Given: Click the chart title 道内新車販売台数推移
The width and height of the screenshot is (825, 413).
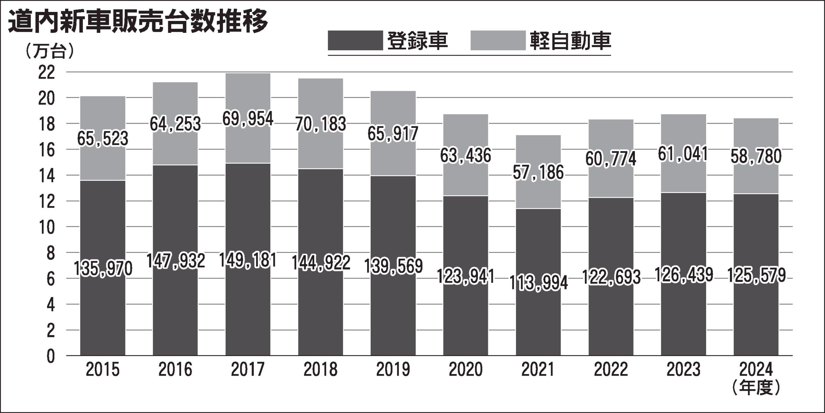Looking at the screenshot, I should click(x=138, y=22).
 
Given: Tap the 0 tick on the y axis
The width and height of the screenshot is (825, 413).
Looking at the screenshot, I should click(x=51, y=357).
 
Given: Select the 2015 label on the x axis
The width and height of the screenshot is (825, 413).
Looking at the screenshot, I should click(x=102, y=369).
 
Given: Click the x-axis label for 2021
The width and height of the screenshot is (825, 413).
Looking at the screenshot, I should click(x=538, y=369).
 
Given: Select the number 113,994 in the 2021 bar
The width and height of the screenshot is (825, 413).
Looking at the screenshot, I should click(x=538, y=283).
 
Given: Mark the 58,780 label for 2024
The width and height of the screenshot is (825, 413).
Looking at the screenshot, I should click(x=756, y=156).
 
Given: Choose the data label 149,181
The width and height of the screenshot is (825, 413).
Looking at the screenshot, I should click(x=247, y=260).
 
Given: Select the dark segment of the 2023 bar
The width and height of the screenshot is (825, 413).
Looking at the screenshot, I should click(x=684, y=316).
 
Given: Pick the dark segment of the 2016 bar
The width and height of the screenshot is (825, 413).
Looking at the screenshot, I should click(x=175, y=306).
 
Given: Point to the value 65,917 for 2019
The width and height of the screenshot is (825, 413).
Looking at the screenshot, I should click(x=393, y=134).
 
